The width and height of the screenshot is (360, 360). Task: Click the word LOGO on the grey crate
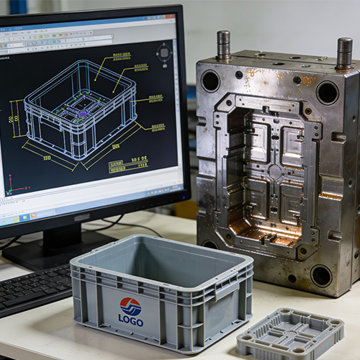(x=130, y=320)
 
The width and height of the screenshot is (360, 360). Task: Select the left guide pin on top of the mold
(x=223, y=45)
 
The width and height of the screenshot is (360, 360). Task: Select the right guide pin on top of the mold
(x=344, y=53)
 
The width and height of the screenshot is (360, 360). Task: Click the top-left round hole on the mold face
(x=210, y=81)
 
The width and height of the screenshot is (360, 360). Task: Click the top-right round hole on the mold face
(x=327, y=92)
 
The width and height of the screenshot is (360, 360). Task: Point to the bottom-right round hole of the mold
(x=321, y=275)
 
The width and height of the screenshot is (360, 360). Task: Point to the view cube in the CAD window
(x=165, y=53)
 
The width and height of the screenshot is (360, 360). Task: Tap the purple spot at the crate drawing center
(x=84, y=114)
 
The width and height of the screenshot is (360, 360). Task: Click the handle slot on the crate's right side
(x=225, y=288)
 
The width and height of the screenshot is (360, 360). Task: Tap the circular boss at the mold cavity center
(x=274, y=171)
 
